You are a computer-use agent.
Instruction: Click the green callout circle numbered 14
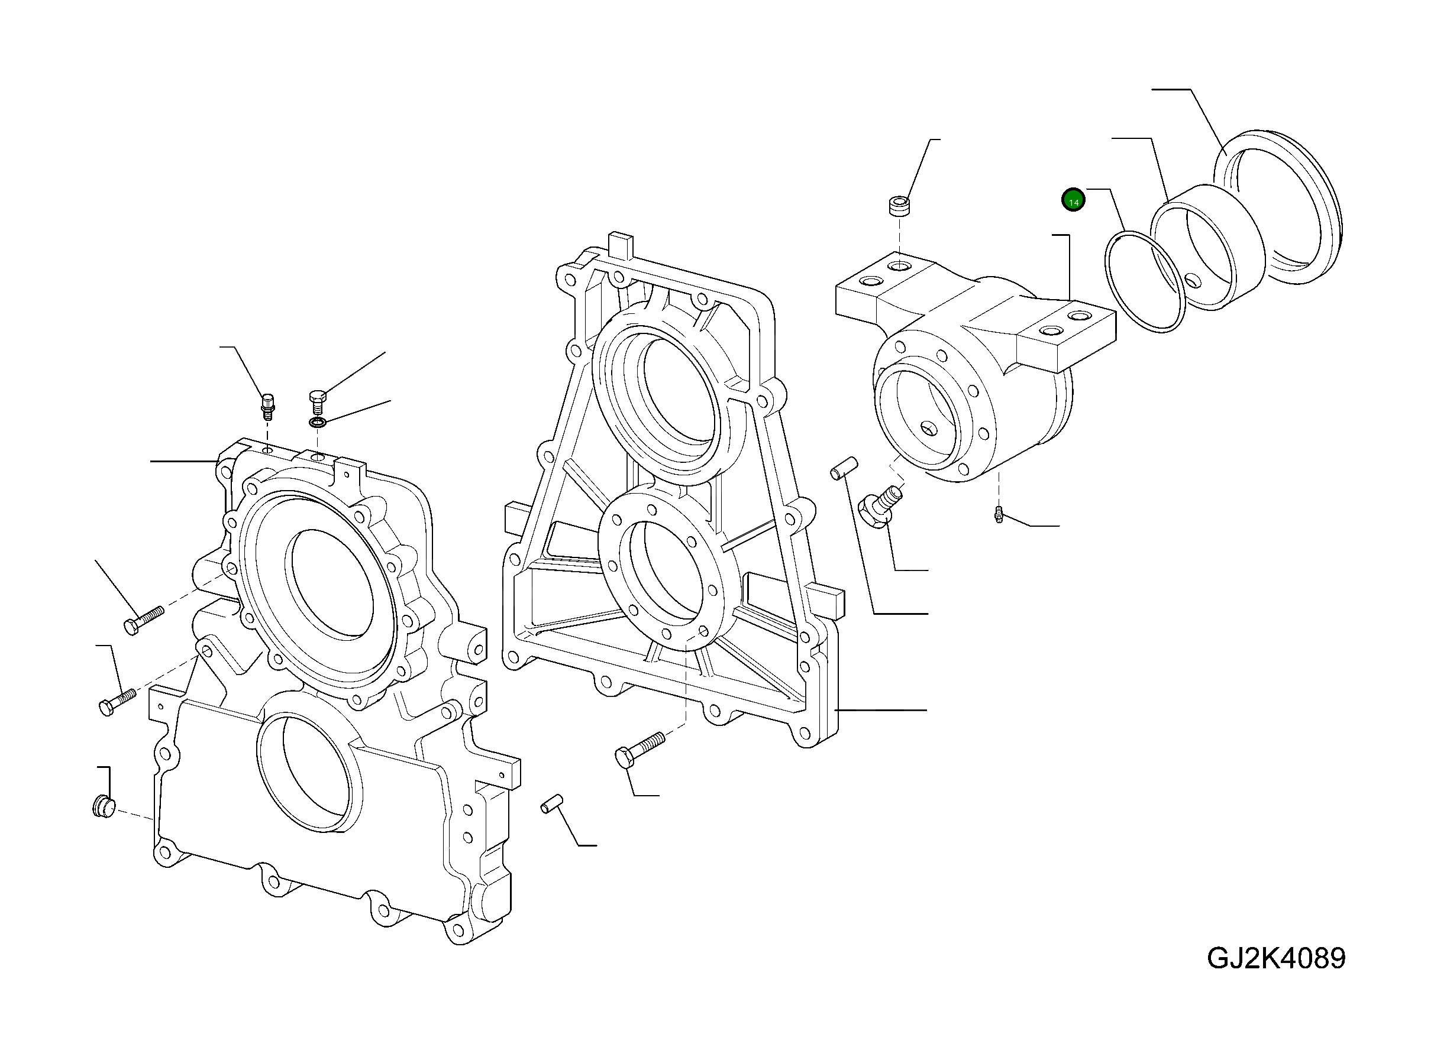pos(1074,201)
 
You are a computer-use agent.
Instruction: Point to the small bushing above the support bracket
pos(899,207)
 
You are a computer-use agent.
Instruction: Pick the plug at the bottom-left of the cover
pos(102,806)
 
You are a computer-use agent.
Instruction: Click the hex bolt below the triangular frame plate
pos(639,750)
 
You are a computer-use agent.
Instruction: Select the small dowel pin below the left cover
pos(551,803)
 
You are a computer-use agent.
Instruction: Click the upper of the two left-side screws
pos(143,621)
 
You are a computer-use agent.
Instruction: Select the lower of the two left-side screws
pos(117,701)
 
